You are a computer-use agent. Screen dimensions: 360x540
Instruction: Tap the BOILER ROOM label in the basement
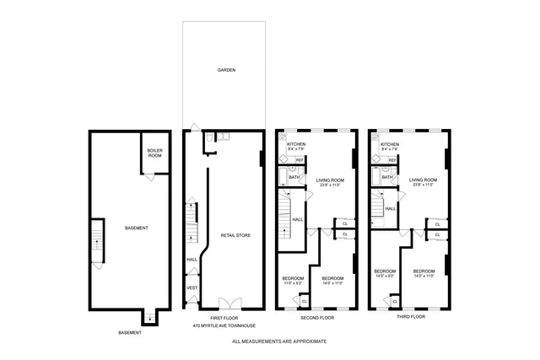[x=154, y=153]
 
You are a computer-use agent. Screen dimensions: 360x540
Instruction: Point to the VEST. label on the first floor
[x=192, y=288]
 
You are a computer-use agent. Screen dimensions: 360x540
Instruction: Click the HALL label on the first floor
[x=192, y=259]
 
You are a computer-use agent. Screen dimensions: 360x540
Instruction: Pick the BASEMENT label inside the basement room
[x=136, y=228]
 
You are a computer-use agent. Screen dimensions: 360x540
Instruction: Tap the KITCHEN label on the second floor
[x=296, y=144]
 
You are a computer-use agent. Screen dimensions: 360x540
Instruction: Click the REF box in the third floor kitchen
[x=392, y=159]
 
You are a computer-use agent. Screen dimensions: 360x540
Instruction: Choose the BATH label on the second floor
[x=294, y=177]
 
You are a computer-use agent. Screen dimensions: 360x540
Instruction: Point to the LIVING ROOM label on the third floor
[x=423, y=180]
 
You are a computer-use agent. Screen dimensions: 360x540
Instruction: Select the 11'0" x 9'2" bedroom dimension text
[x=293, y=282]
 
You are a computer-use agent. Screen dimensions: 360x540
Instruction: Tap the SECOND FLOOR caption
[x=317, y=317]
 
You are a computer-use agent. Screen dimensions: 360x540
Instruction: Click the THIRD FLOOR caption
[x=411, y=317]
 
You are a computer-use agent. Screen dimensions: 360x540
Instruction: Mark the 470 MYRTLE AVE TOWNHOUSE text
[x=224, y=325]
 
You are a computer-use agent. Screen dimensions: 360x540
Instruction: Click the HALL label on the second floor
[x=298, y=219]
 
